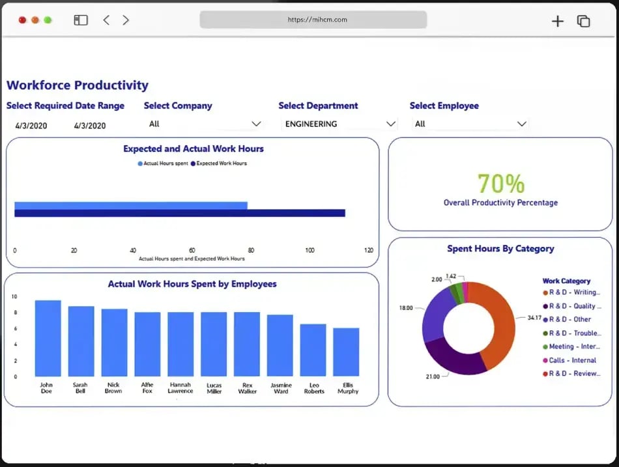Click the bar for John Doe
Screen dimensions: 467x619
point(48,338)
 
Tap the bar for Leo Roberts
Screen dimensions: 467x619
point(313,350)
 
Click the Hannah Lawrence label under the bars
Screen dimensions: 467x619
point(180,388)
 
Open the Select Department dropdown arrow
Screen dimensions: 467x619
point(391,124)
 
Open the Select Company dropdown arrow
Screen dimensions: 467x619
point(256,124)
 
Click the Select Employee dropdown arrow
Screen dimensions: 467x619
point(521,124)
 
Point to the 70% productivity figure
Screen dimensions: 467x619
point(500,184)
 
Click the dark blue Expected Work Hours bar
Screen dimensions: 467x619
point(179,213)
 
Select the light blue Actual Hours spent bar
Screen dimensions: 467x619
point(130,205)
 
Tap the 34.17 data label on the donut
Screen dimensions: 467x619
point(534,318)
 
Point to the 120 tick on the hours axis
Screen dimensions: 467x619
point(369,250)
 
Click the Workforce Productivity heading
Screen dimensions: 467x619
point(78,85)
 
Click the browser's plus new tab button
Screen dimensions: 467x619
point(557,21)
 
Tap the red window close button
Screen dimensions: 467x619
point(23,20)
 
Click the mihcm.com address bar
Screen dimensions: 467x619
point(313,20)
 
